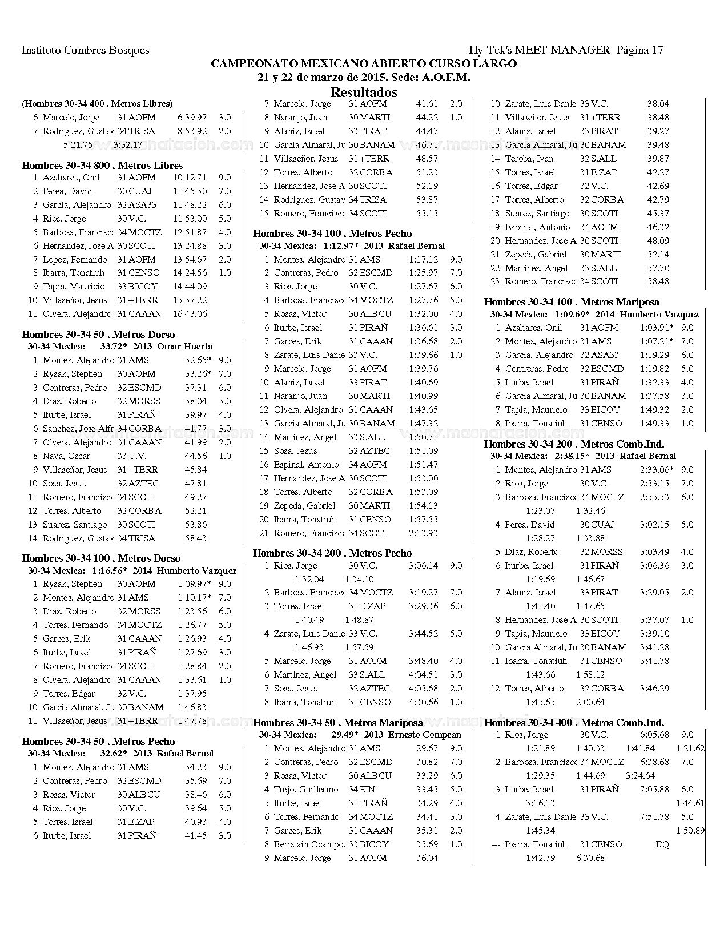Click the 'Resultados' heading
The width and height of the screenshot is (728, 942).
click(364, 92)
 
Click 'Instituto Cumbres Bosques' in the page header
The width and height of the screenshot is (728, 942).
click(85, 50)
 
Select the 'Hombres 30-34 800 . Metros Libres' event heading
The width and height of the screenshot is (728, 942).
click(102, 166)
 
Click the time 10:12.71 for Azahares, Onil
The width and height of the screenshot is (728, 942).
click(190, 178)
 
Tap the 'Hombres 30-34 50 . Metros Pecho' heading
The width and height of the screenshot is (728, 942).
click(98, 742)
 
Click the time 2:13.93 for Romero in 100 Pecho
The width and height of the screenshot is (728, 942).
click(423, 533)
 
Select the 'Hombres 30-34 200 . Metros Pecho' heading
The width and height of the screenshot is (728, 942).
click(332, 553)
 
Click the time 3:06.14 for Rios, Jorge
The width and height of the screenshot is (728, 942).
click(423, 566)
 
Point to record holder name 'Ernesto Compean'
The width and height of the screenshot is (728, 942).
click(424, 735)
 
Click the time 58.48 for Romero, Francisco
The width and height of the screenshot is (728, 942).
click(658, 281)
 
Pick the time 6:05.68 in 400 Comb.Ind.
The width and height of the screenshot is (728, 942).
click(654, 735)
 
